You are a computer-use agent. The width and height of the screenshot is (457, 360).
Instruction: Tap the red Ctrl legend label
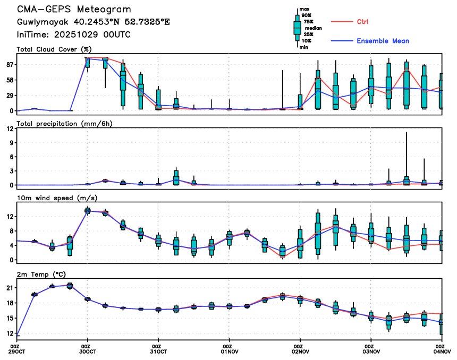(363, 22)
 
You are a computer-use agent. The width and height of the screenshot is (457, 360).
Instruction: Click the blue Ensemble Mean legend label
(383, 41)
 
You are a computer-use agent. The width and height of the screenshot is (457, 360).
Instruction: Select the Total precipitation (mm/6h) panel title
(64, 123)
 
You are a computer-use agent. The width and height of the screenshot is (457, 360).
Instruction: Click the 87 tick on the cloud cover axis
(9, 65)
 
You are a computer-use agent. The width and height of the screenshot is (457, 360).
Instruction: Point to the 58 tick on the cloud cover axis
(9, 80)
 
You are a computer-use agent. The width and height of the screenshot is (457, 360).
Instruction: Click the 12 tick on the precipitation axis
(9, 128)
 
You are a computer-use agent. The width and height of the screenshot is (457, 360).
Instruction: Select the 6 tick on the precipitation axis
(11, 157)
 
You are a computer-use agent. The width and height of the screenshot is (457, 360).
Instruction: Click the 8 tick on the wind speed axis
(11, 231)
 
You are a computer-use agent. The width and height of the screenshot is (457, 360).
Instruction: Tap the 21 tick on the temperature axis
(9, 288)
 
